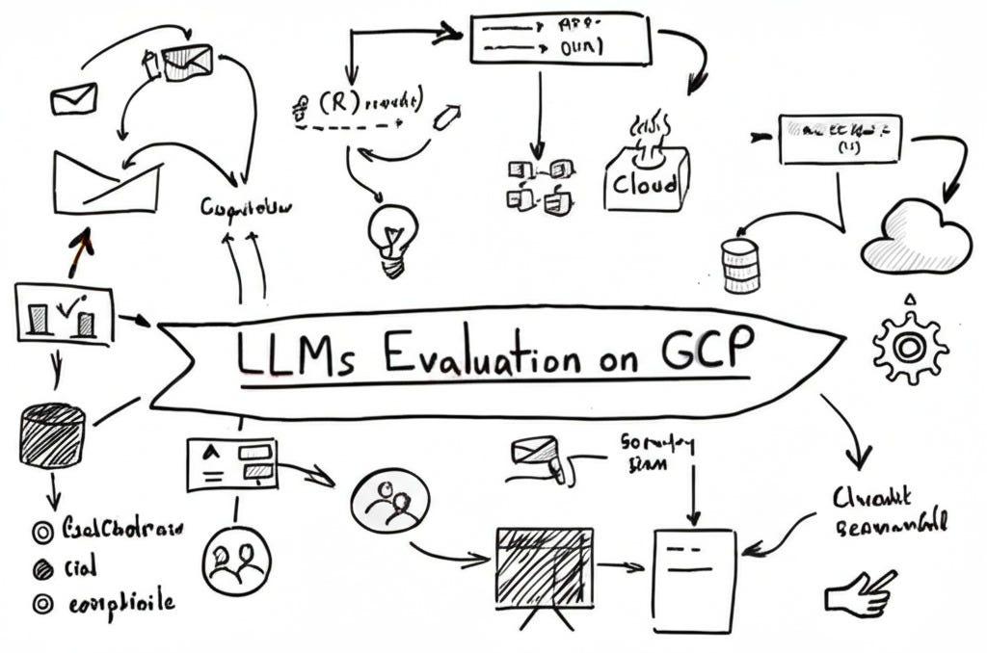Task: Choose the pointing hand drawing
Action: click(860, 593)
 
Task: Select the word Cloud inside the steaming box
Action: click(645, 183)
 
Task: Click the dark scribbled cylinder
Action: click(52, 436)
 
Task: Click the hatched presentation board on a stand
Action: click(543, 565)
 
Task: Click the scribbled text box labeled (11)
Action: click(840, 138)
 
